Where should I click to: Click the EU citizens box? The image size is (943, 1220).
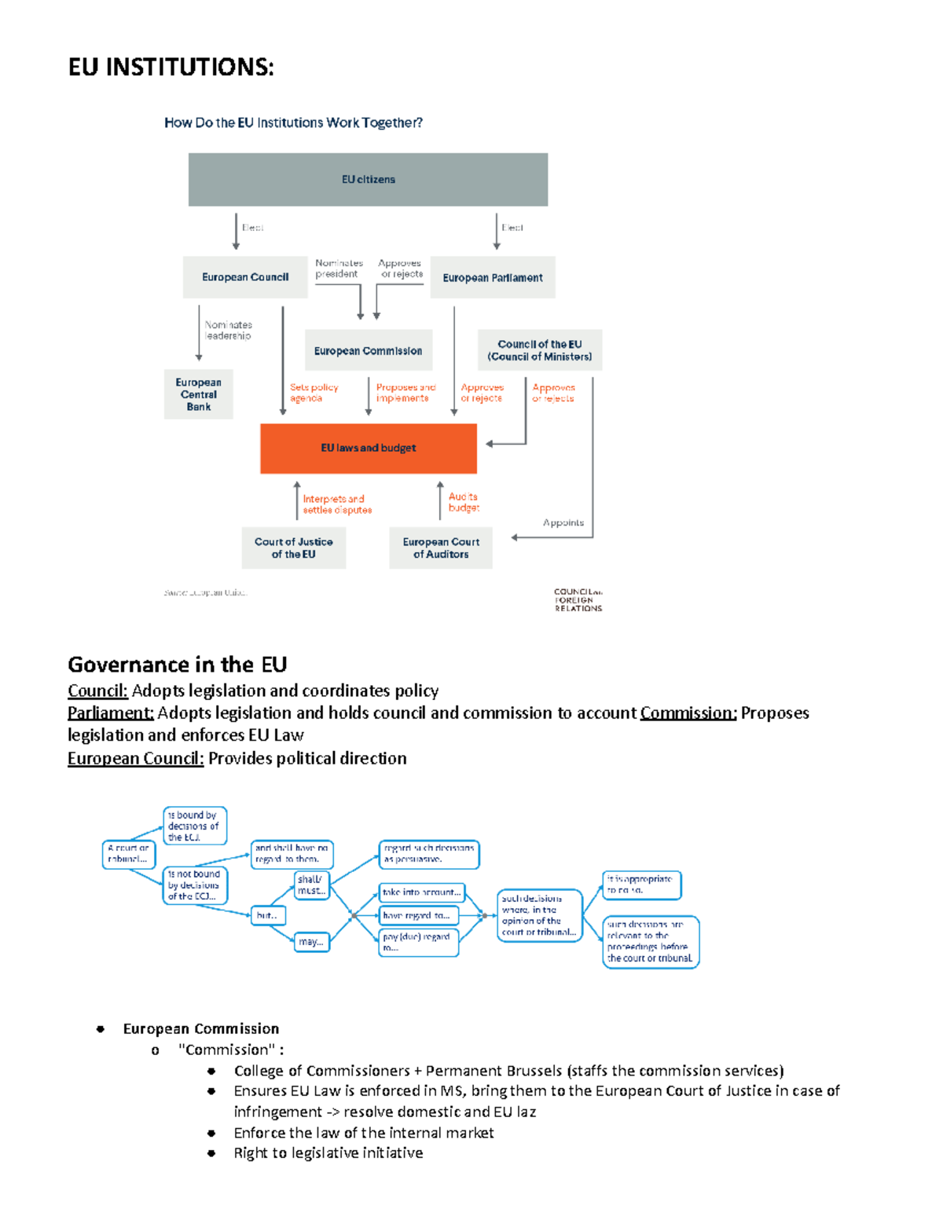368,179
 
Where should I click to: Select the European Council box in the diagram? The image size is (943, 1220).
245,277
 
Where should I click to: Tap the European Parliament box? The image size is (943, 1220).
493,277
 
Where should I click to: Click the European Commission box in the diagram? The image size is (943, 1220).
368,350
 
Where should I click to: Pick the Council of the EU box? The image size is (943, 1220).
540,350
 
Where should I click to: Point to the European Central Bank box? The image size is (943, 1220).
199,394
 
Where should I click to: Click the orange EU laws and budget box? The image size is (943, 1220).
368,448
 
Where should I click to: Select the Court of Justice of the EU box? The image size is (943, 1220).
294,548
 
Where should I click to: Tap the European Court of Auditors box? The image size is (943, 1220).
441,548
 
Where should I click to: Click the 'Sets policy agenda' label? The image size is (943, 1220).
314,393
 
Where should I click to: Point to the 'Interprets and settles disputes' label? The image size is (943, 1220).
337,504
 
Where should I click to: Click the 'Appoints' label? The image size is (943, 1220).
563,522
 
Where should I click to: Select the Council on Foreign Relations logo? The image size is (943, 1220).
578,599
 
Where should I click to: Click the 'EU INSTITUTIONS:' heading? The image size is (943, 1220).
171,68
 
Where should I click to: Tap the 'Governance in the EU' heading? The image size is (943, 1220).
178,665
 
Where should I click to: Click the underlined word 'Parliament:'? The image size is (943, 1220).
110,713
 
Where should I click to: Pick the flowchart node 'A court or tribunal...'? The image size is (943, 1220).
128,853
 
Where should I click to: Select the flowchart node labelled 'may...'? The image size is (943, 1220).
311,942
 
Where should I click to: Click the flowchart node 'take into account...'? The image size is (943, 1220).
422,892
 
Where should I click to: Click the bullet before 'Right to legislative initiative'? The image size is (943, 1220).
211,1153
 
